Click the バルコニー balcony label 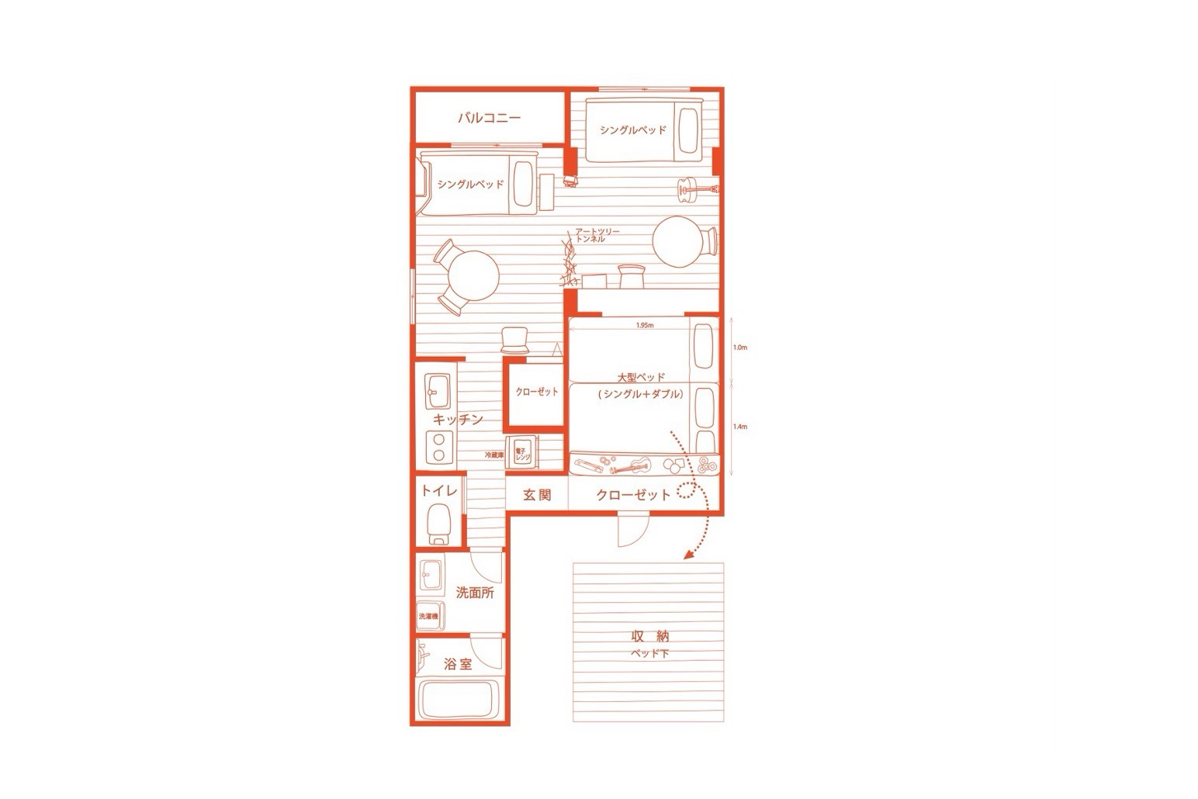point(488,119)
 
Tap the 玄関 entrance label point(536,495)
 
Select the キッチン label point(458,420)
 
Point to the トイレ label point(439,491)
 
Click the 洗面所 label point(475,593)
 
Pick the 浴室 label point(458,664)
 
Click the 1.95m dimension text point(643,326)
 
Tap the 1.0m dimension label point(739,348)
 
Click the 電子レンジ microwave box point(521,455)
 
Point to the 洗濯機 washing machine point(428,616)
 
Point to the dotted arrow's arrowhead point(687,554)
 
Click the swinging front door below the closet point(631,531)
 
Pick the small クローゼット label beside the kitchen point(536,392)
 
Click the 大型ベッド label point(641,378)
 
